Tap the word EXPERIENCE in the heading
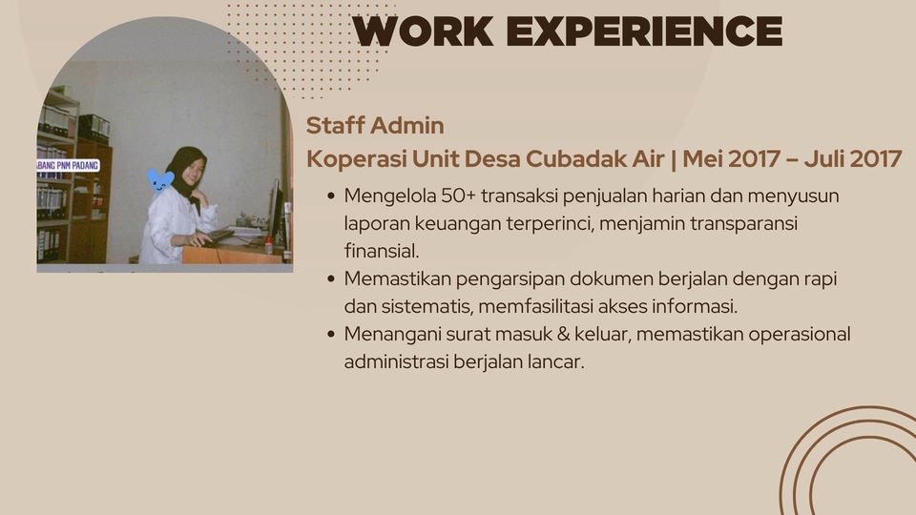pos(650,31)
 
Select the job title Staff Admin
pos(375,125)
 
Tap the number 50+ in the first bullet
pos(459,196)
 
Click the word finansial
pos(382,251)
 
